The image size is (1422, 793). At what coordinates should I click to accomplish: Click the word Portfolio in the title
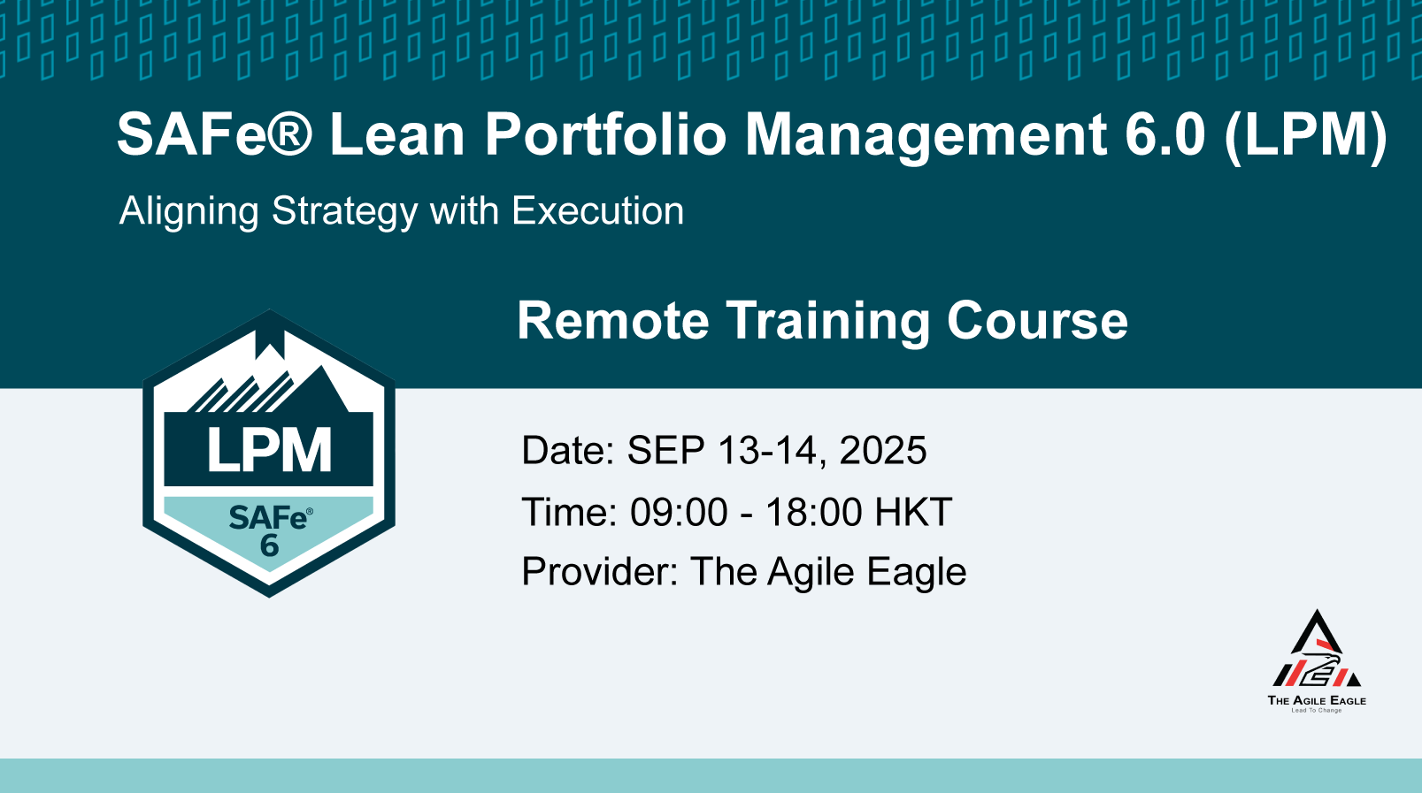605,133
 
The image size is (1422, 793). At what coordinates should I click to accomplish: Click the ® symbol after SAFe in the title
288,133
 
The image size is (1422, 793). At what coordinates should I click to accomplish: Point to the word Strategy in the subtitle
345,212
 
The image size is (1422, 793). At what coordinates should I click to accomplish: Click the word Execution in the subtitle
598,210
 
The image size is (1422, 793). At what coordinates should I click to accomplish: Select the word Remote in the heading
612,321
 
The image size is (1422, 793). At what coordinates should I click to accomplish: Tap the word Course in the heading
1037,321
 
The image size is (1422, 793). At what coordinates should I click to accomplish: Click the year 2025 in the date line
883,450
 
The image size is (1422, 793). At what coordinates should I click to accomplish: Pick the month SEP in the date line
666,450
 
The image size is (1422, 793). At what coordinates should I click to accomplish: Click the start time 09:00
679,512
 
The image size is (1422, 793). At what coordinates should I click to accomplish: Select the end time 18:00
814,512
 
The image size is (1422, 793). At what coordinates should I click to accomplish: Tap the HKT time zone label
913,512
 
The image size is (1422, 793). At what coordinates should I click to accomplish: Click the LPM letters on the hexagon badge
269,450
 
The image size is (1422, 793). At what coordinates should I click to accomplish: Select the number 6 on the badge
270,545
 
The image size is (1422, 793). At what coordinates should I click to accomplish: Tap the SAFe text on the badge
269,518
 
